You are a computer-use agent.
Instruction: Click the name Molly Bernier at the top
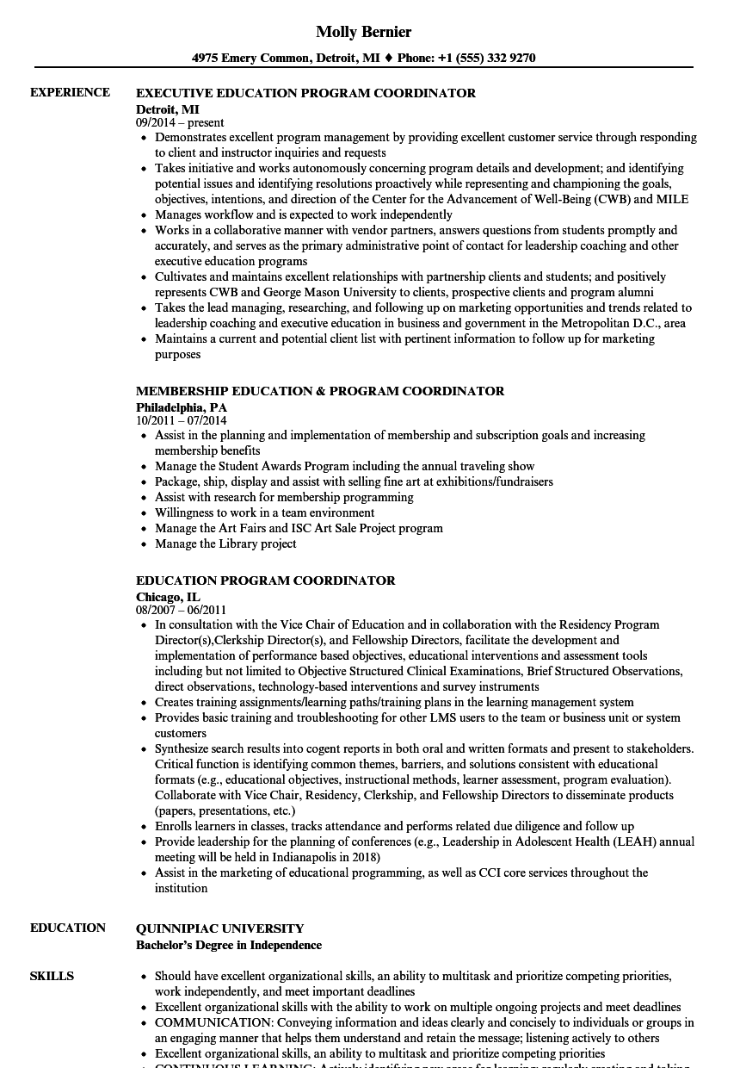coord(363,32)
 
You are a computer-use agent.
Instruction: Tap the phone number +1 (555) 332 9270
coord(489,59)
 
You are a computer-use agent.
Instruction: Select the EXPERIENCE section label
coord(70,92)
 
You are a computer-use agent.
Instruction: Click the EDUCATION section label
coord(68,928)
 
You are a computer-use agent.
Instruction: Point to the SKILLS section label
coord(52,976)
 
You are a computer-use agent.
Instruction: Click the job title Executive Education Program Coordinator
coord(305,93)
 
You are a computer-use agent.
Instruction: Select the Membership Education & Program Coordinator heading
coord(320,391)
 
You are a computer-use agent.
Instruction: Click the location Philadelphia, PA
coord(182,407)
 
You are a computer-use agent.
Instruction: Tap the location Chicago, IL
coord(168,596)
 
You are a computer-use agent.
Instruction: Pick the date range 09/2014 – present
coord(180,123)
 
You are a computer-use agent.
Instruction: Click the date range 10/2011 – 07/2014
coord(181,421)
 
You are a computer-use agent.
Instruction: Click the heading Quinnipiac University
coord(219,928)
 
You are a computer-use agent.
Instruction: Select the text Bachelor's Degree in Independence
coord(228,945)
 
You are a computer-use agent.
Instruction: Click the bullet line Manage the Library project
coord(225,543)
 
